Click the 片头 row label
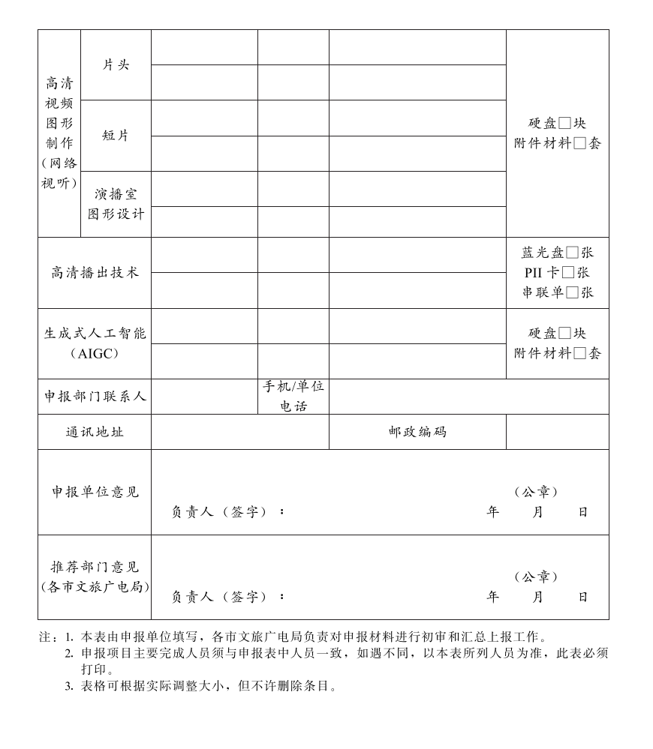(x=116, y=65)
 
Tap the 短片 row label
(x=116, y=136)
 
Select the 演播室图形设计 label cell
(x=116, y=204)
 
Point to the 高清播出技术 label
(x=95, y=273)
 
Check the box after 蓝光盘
(x=572, y=253)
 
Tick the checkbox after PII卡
(x=568, y=273)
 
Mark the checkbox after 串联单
(x=572, y=293)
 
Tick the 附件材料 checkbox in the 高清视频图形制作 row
(x=579, y=144)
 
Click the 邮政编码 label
(x=417, y=432)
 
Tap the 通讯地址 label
(x=95, y=432)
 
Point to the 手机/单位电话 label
(x=293, y=397)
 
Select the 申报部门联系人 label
(x=95, y=397)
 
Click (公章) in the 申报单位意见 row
(x=537, y=492)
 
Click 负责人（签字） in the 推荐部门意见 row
(x=219, y=597)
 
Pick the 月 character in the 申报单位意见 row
(x=537, y=512)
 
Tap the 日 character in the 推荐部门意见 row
(x=582, y=597)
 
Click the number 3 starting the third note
(x=68, y=685)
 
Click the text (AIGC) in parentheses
(x=95, y=354)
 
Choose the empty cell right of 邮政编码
(x=557, y=432)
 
